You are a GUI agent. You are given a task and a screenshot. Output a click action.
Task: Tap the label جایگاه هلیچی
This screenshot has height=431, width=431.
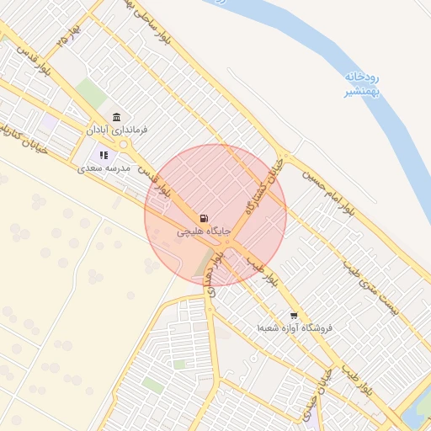(x=203, y=230)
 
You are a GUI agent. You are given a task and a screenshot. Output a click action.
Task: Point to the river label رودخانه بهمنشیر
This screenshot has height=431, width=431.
(x=361, y=85)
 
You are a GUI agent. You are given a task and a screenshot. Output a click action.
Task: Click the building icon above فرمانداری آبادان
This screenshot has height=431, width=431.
(x=116, y=118)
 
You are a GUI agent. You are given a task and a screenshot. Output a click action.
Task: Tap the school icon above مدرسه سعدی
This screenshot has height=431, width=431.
(x=104, y=155)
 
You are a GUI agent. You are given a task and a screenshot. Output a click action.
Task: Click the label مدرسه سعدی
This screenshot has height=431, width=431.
(x=103, y=168)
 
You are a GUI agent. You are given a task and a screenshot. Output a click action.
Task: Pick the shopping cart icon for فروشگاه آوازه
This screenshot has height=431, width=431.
(x=292, y=316)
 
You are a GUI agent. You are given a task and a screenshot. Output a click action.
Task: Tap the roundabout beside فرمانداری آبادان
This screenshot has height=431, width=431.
(x=124, y=145)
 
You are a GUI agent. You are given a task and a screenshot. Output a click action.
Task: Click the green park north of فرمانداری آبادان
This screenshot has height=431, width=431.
(x=91, y=93)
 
